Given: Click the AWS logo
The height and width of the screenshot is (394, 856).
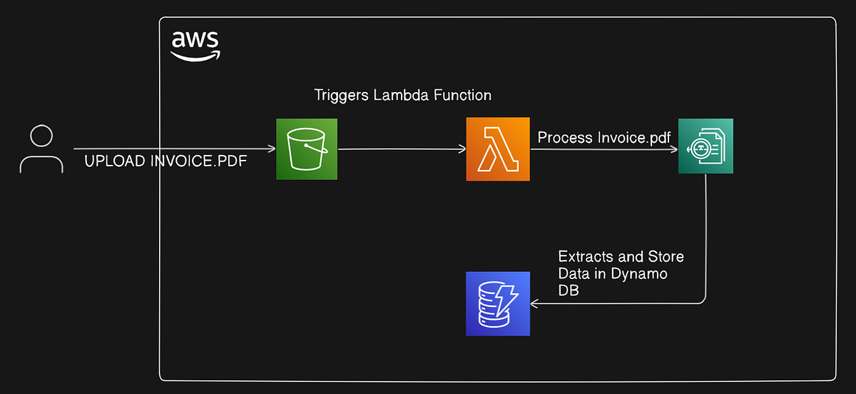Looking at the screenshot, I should click(195, 46).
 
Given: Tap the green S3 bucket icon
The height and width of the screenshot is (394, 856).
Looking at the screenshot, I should click(307, 149).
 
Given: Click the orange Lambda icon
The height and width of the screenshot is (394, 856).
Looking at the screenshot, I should click(498, 149).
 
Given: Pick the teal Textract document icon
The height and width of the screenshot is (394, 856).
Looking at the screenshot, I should click(705, 146).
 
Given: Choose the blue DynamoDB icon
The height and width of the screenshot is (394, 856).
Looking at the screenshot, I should click(498, 303).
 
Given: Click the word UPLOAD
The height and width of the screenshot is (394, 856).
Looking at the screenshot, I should click(115, 162).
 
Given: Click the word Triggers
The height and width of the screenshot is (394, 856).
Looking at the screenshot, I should click(342, 95).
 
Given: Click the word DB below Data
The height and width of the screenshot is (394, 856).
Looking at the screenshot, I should click(568, 291).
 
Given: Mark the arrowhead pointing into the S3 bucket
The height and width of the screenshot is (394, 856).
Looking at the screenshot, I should click(272, 149).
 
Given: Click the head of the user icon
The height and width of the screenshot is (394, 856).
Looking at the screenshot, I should click(41, 136).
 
